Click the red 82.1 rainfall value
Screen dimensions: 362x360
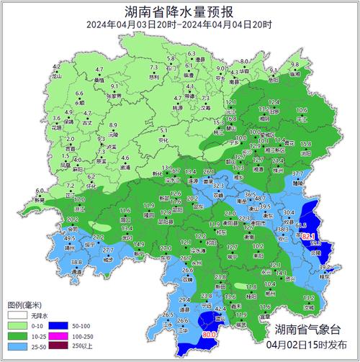coord(309,236)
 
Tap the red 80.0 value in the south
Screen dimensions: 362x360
coord(210,334)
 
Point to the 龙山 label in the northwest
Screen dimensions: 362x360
coord(58,75)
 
